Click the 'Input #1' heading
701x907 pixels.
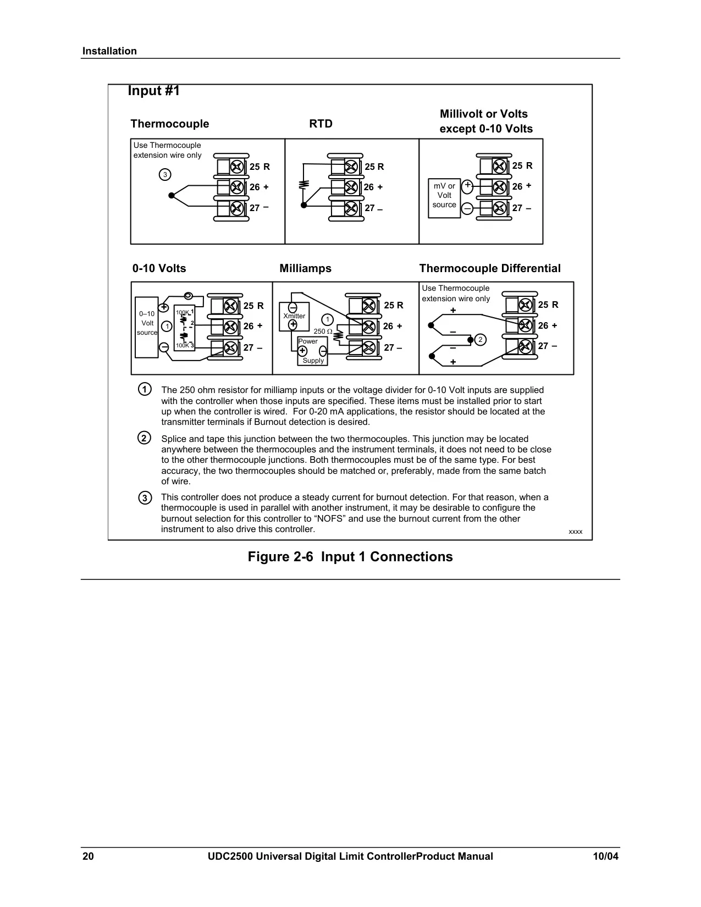pos(153,91)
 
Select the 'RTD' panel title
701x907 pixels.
pos(321,124)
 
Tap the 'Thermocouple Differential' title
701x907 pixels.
pos(490,268)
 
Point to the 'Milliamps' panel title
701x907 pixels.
pos(305,268)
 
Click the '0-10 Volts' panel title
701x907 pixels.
pos(159,268)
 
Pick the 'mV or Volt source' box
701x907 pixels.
pos(444,198)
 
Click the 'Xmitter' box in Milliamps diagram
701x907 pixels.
pos(294,317)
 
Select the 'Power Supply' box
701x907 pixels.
pos(312,351)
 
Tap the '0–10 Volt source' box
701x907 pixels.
pos(147,327)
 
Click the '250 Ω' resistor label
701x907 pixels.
pos(323,331)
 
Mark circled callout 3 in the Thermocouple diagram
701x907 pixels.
pos(165,174)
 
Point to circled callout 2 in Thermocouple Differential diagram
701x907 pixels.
pos(480,340)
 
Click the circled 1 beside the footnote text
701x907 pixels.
pos(145,389)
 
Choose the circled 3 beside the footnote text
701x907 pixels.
pos(145,498)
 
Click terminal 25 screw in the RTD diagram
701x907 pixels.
pos(351,167)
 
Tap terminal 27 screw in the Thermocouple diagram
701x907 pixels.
pos(237,208)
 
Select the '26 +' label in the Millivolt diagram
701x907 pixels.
pos(522,186)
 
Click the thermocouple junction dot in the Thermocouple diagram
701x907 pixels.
pos(171,195)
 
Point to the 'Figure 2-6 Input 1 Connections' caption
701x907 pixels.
pos(350,557)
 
